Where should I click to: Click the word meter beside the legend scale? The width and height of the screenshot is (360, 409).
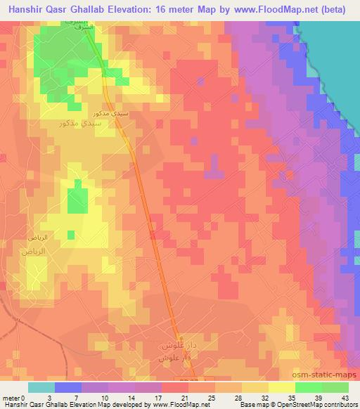coord(12,397)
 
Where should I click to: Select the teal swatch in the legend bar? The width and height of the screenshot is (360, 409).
coord(41,387)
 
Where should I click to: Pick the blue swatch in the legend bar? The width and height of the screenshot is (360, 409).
coord(68,387)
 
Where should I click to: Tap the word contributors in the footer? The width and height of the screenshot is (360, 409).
coord(337,405)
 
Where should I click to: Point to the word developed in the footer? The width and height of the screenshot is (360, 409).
coord(135,405)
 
